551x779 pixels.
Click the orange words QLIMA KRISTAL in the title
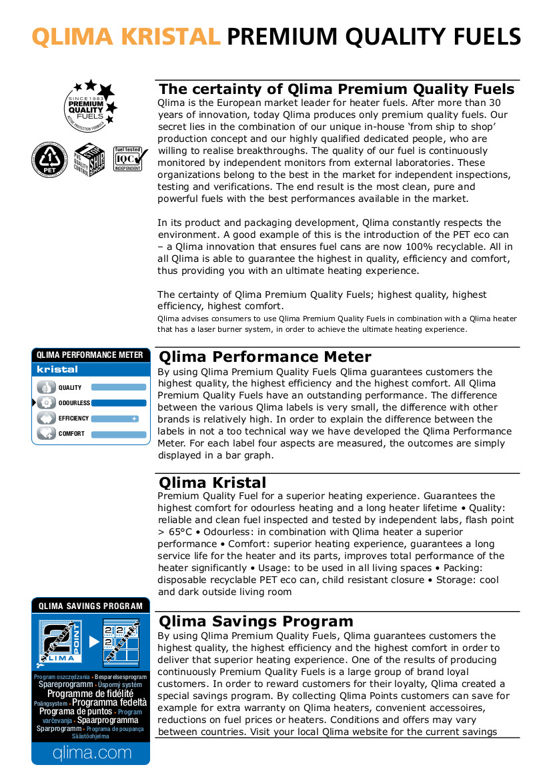(x=126, y=36)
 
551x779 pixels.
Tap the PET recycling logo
(x=49, y=159)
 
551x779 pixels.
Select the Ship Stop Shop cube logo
(x=89, y=159)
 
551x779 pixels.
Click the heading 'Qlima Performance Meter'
(x=265, y=357)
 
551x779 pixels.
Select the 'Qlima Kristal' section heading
(x=212, y=482)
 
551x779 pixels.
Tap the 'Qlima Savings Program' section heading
(x=255, y=622)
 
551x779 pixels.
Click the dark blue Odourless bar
(x=118, y=402)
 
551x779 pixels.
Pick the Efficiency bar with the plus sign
(x=115, y=418)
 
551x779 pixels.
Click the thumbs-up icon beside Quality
(x=47, y=387)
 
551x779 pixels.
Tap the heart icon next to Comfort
(x=47, y=434)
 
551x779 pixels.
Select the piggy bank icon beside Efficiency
(x=47, y=418)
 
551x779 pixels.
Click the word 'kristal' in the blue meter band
(x=57, y=369)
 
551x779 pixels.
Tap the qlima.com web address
(x=91, y=753)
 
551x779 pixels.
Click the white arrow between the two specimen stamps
(x=94, y=642)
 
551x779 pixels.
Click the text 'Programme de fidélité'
(x=90, y=694)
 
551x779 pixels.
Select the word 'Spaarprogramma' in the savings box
(x=107, y=720)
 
